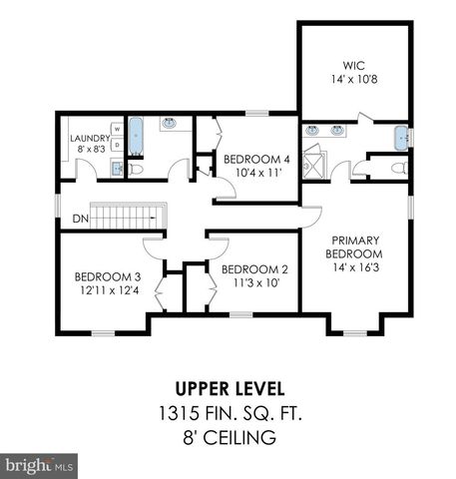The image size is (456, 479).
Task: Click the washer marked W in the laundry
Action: coord(117,130)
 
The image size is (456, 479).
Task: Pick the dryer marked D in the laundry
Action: coord(117,146)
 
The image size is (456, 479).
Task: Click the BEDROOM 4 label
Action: coord(256,159)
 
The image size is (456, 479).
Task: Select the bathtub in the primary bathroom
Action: coord(401,137)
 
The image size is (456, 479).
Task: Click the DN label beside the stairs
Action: coord(80,218)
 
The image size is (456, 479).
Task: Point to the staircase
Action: coord(126,217)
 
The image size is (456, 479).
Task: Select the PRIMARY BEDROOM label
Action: coord(354,246)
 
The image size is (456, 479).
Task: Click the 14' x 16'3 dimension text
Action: coord(354,268)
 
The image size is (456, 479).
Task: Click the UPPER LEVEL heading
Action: coord(228,387)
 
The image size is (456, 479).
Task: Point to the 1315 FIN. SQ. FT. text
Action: coord(228,411)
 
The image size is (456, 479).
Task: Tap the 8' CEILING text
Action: coord(228,436)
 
